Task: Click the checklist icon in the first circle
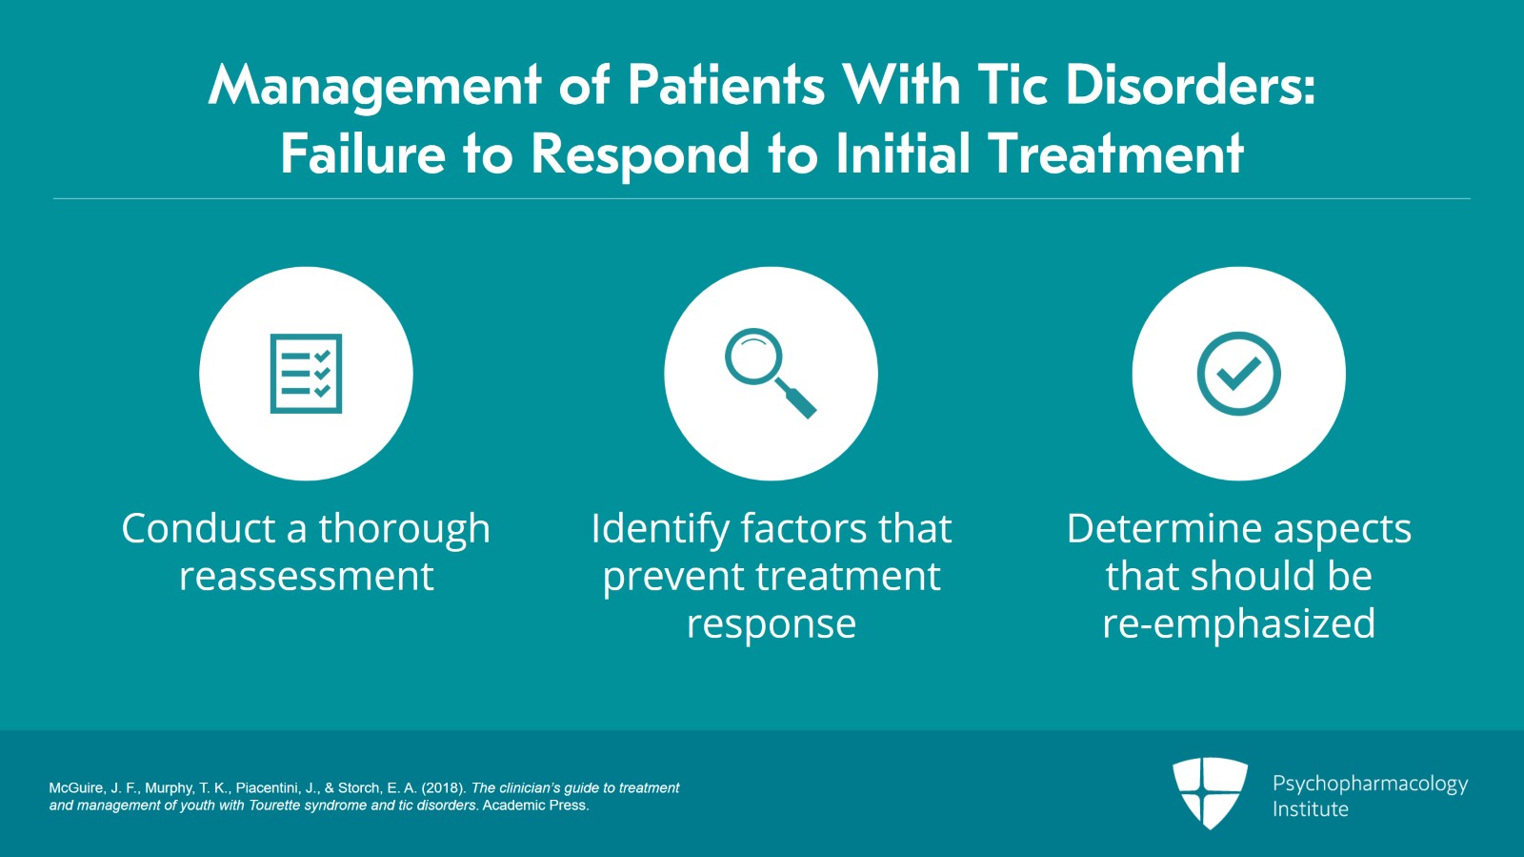pyautogui.click(x=306, y=374)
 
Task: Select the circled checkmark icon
pyautogui.click(x=1238, y=374)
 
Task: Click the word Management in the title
pyautogui.click(x=374, y=86)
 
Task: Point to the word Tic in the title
pyautogui.click(x=1013, y=86)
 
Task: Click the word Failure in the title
pyautogui.click(x=362, y=154)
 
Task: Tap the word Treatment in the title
pyautogui.click(x=1115, y=154)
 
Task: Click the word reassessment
pyautogui.click(x=306, y=577)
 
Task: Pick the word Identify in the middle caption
pyautogui.click(x=658, y=530)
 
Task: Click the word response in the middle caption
pyautogui.click(x=771, y=625)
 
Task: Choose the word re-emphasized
pyautogui.click(x=1238, y=623)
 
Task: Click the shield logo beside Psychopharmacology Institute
pyautogui.click(x=1210, y=792)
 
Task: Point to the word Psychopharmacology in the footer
pyautogui.click(x=1370, y=784)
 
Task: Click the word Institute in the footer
pyautogui.click(x=1310, y=809)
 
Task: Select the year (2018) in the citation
pyautogui.click(x=443, y=788)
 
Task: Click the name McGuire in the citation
pyautogui.click(x=75, y=788)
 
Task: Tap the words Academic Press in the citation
pyautogui.click(x=535, y=806)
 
